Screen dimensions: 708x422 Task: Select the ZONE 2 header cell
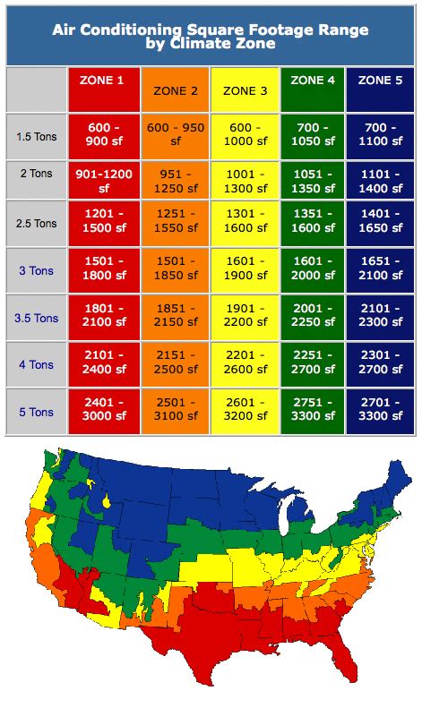(x=176, y=90)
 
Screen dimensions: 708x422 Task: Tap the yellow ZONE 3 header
(x=245, y=90)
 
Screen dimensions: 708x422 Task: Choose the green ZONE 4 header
(x=313, y=81)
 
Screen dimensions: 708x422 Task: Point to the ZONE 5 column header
(x=380, y=81)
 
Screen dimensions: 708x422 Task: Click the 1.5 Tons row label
(x=37, y=137)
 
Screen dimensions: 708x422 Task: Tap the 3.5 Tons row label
(x=37, y=318)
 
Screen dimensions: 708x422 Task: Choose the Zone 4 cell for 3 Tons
(x=313, y=269)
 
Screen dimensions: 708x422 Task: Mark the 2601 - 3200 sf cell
(x=245, y=411)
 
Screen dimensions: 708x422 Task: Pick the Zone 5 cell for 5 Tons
(x=380, y=411)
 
